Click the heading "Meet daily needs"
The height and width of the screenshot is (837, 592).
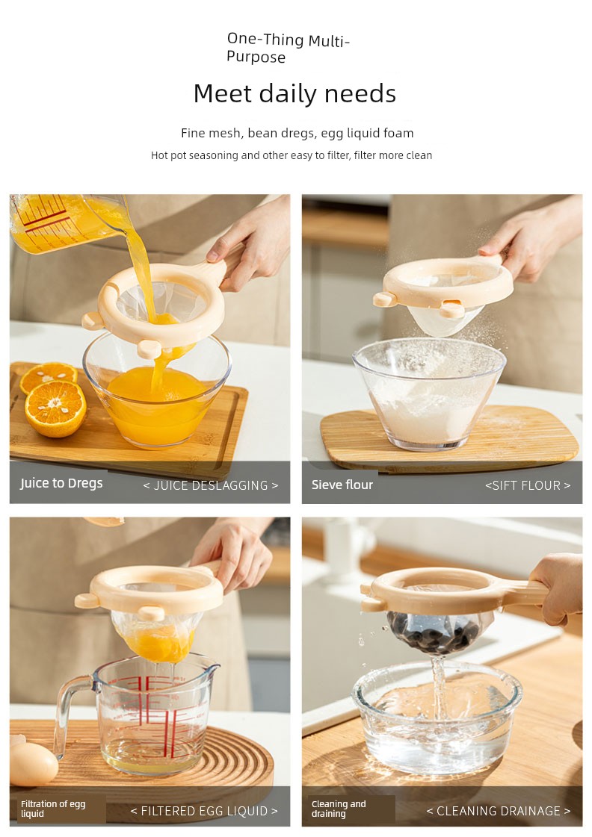(x=295, y=93)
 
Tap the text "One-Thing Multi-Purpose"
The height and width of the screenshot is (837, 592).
(x=288, y=48)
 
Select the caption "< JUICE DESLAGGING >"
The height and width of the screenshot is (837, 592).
(x=211, y=485)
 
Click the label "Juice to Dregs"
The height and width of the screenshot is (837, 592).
(x=61, y=483)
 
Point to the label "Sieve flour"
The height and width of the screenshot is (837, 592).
(x=342, y=485)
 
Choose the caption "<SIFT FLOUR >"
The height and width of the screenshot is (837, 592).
(x=528, y=485)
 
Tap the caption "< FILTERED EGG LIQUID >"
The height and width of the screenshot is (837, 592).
(x=204, y=811)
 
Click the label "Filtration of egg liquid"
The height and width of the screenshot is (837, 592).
(x=53, y=809)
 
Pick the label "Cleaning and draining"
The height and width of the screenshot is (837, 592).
(x=339, y=809)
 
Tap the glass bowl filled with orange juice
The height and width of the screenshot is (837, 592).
(x=157, y=390)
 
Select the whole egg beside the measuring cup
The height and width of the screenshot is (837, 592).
(x=33, y=764)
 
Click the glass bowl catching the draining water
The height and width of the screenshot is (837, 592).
(x=437, y=716)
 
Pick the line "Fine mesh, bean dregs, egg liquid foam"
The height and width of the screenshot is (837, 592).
(x=297, y=133)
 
